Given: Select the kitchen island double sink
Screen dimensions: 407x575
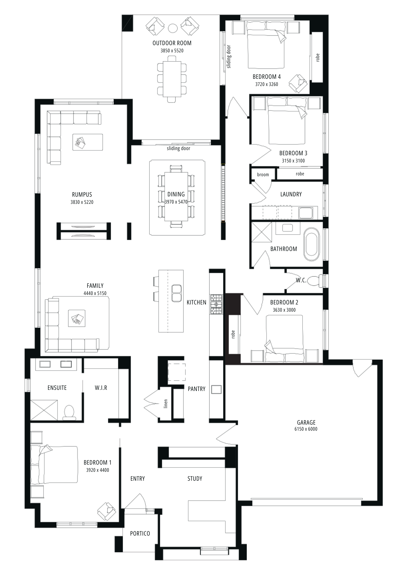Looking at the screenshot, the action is (x=176, y=293).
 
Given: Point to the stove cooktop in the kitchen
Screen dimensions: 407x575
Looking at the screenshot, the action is (x=216, y=304).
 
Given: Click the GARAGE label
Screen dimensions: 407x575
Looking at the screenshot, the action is (x=306, y=422).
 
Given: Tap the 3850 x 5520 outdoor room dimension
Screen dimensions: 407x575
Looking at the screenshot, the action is (x=172, y=51).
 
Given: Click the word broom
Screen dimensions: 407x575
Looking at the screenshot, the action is (x=263, y=175).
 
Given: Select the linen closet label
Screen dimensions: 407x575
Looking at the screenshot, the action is (x=166, y=404).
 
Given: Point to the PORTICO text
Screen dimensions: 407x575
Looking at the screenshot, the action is (x=140, y=533).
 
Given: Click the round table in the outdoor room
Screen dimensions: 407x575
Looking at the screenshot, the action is (x=173, y=28).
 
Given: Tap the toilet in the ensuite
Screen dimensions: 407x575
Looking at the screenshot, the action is (x=69, y=412).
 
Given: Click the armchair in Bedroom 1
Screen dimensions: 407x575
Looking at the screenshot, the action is (x=107, y=511).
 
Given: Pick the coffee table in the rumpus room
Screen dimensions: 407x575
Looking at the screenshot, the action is (x=88, y=142).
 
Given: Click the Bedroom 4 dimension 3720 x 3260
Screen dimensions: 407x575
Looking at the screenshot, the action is (x=267, y=84).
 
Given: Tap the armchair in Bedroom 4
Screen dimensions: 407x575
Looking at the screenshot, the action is (x=298, y=84).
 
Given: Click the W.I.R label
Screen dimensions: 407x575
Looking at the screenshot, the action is (x=101, y=388).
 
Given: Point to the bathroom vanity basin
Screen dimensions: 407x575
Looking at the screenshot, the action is (x=287, y=228).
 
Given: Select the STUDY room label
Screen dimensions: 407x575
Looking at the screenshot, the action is (x=195, y=478).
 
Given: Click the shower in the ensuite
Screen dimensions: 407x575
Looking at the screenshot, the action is (x=44, y=410).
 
